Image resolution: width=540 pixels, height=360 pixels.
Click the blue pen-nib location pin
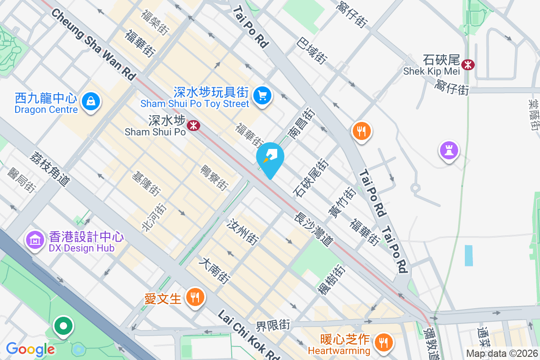tap(270, 158)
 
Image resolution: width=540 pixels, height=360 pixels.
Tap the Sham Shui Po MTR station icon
tap(194, 125)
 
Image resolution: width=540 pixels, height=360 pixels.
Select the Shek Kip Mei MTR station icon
tap(468, 64)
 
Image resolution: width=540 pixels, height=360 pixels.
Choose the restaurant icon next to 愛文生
tap(195, 297)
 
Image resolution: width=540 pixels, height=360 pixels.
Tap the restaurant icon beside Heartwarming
tap(383, 342)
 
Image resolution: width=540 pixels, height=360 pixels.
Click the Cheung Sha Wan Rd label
tap(94, 45)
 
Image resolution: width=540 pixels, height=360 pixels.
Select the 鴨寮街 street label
tap(214, 177)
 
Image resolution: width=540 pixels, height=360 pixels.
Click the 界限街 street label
tap(273, 324)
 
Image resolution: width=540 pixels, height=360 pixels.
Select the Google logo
tap(31, 349)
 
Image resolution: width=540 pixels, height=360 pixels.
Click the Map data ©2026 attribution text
tap(501, 353)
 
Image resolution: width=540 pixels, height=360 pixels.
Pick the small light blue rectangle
tap(469, 256)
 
